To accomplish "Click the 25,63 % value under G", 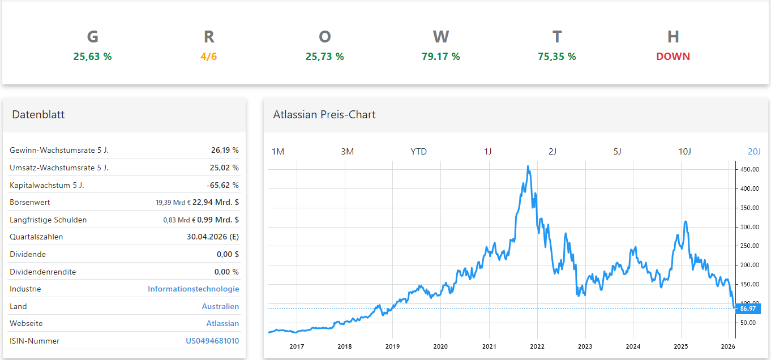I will coord(92,57).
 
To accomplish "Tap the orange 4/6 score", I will coord(208,57).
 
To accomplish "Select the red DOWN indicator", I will coord(673,57).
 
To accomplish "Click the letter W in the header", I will coord(440,37).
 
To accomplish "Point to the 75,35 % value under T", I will coord(556,57).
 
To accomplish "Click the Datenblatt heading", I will coord(38,114).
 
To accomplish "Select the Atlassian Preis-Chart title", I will coord(324,114).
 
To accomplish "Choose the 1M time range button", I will coord(278,151).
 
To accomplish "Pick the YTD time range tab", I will coord(418,151).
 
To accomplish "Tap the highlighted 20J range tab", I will coord(754,151).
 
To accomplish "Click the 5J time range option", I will coord(617,151).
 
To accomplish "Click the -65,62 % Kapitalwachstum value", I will coord(222,185).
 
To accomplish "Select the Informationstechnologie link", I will coord(193,289).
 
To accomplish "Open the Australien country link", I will coord(220,306).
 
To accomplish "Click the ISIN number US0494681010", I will coord(212,341).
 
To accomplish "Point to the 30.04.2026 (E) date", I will coord(212,237).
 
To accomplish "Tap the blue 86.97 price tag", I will coord(748,308).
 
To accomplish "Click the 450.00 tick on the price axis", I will coord(749,169).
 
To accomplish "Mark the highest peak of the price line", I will coord(528,166).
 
